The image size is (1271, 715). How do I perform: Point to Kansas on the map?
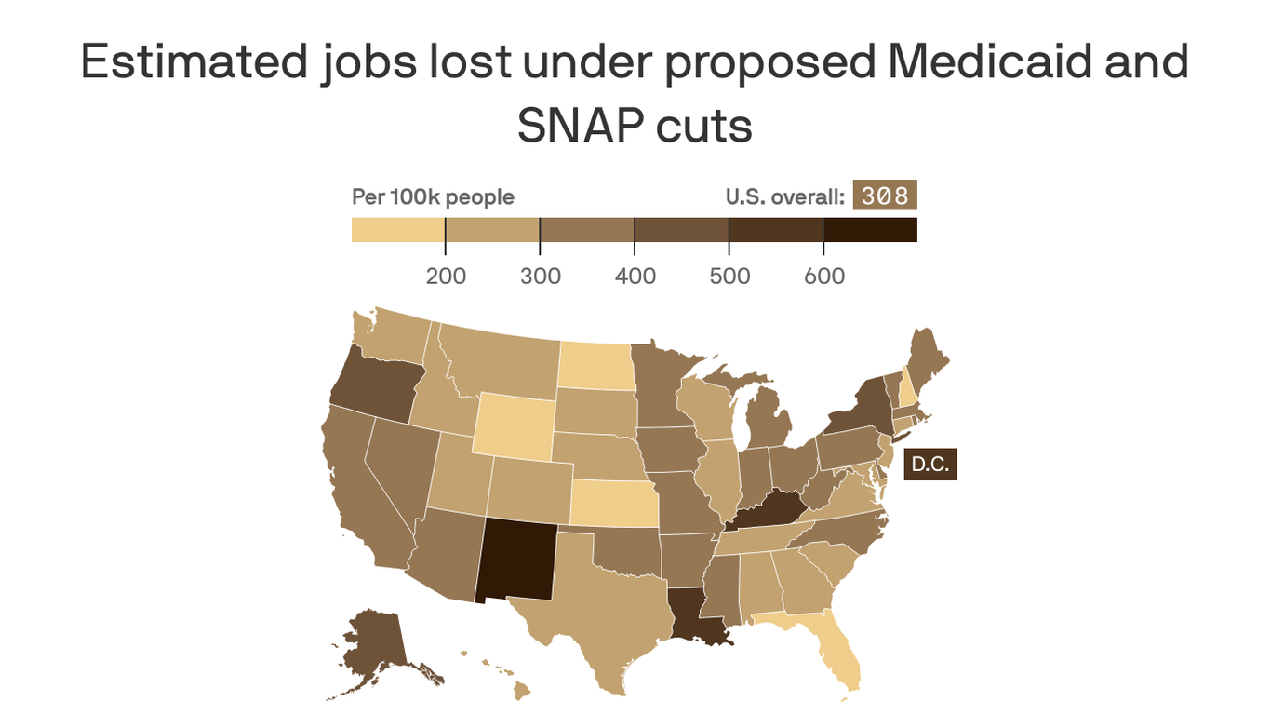(x=613, y=504)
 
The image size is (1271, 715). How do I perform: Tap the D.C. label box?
(x=930, y=465)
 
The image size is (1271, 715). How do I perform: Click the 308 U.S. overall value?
(x=884, y=196)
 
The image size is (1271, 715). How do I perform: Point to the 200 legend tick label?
(x=446, y=276)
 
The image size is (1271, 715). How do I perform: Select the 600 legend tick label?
(x=824, y=276)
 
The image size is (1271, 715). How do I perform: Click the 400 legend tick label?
(x=635, y=276)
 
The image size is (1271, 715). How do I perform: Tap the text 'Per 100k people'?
(x=433, y=197)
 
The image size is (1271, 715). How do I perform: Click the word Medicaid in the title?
(x=986, y=62)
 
